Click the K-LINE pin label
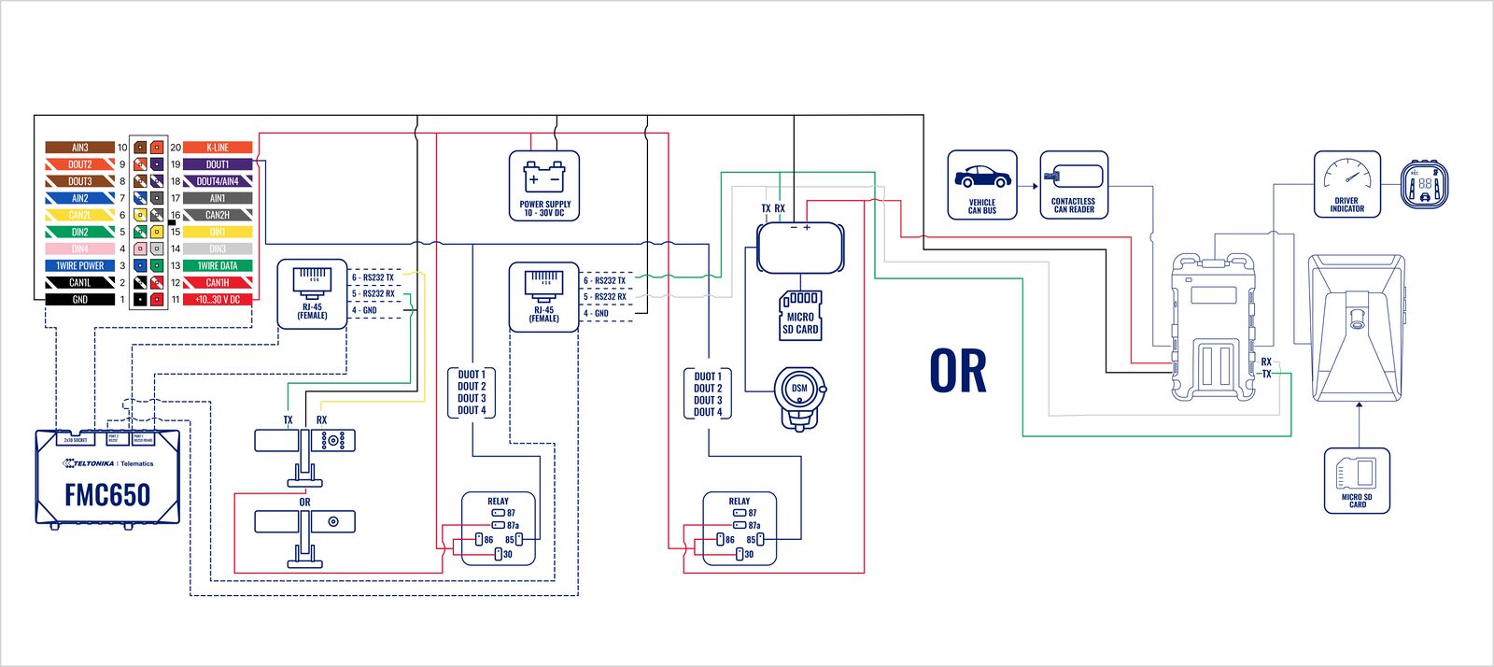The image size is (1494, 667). [217, 148]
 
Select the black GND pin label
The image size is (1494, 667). [79, 300]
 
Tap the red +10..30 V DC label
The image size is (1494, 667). [217, 300]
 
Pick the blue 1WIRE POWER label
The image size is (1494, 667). [79, 266]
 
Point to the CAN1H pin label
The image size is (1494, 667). [217, 283]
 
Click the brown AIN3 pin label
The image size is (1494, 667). [79, 148]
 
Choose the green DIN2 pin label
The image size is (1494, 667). [79, 233]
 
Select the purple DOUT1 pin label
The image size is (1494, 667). [217, 164]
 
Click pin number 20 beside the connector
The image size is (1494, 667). [176, 148]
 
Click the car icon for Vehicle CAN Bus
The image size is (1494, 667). [981, 177]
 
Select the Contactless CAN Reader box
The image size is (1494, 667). [1074, 185]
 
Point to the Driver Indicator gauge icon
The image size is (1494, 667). [1346, 175]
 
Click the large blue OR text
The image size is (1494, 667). [958, 371]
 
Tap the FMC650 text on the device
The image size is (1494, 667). [107, 495]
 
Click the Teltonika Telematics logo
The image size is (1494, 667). [107, 463]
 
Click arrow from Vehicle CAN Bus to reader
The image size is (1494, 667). [1029, 186]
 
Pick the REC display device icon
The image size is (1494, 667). [1425, 184]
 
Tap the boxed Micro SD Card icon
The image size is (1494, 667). [1357, 480]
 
